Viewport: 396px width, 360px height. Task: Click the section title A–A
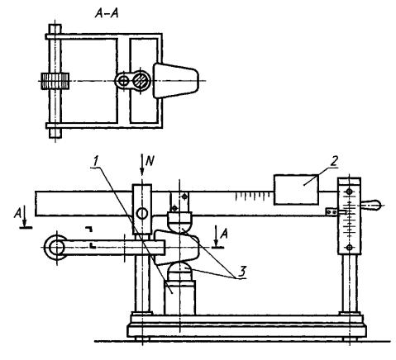107,13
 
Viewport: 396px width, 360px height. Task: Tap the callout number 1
95,161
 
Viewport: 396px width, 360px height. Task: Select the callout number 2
334,161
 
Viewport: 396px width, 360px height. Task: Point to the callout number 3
241,272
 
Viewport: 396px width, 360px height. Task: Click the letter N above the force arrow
149,161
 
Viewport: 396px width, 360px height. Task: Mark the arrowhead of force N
141,172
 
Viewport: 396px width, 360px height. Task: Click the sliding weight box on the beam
296,189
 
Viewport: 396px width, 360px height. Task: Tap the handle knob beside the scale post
370,205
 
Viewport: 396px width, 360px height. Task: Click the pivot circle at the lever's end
56,248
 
